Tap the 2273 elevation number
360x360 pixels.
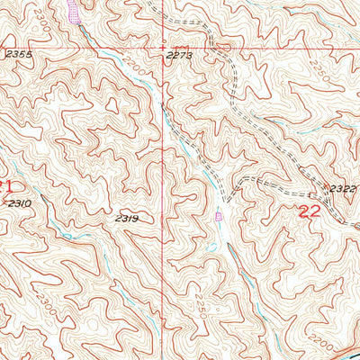point(180,56)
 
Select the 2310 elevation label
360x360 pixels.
point(19,204)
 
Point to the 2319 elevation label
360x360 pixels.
point(126,219)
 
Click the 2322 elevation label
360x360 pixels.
point(343,188)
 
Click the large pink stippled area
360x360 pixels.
point(71,11)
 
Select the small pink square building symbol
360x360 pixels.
point(219,215)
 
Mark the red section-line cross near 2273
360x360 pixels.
point(163,47)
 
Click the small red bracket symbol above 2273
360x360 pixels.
point(179,45)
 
